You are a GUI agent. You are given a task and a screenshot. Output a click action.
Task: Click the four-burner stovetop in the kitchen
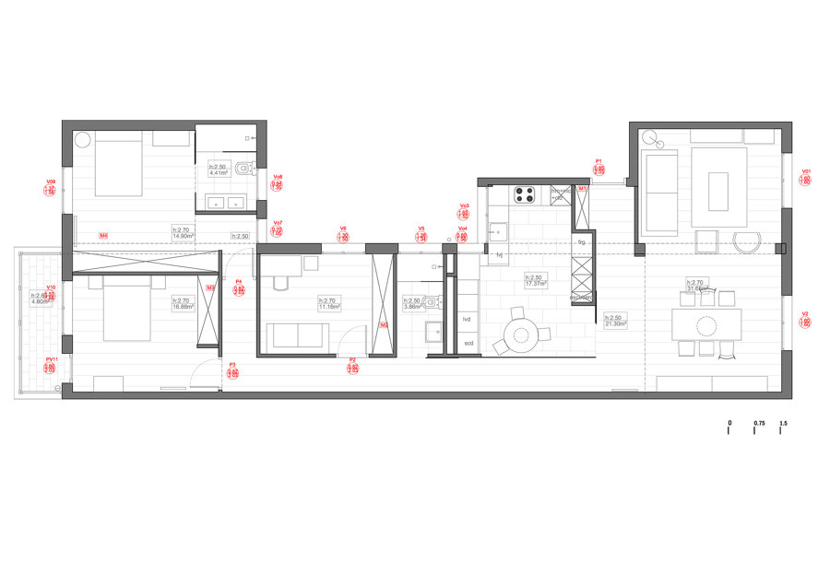[526, 194]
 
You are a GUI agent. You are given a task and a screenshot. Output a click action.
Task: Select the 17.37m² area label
[536, 283]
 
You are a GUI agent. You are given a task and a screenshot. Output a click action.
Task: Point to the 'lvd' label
[468, 318]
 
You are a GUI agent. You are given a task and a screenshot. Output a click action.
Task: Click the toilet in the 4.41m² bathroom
[243, 169]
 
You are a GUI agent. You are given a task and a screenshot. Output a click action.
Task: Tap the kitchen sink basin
[499, 229]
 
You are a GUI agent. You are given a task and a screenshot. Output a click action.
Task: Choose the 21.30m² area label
[615, 323]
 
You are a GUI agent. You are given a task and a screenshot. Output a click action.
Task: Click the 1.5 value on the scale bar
[783, 423]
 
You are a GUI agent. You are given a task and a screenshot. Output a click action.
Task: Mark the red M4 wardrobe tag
[104, 237]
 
